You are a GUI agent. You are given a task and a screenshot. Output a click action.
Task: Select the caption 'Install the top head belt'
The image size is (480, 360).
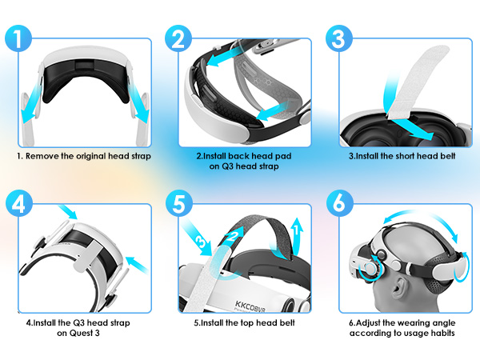coord(244,322)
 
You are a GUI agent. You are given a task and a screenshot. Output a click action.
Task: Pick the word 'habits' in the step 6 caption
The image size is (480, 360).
coord(439,334)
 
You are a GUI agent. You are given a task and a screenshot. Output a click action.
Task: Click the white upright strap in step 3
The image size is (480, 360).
coord(407,71)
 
